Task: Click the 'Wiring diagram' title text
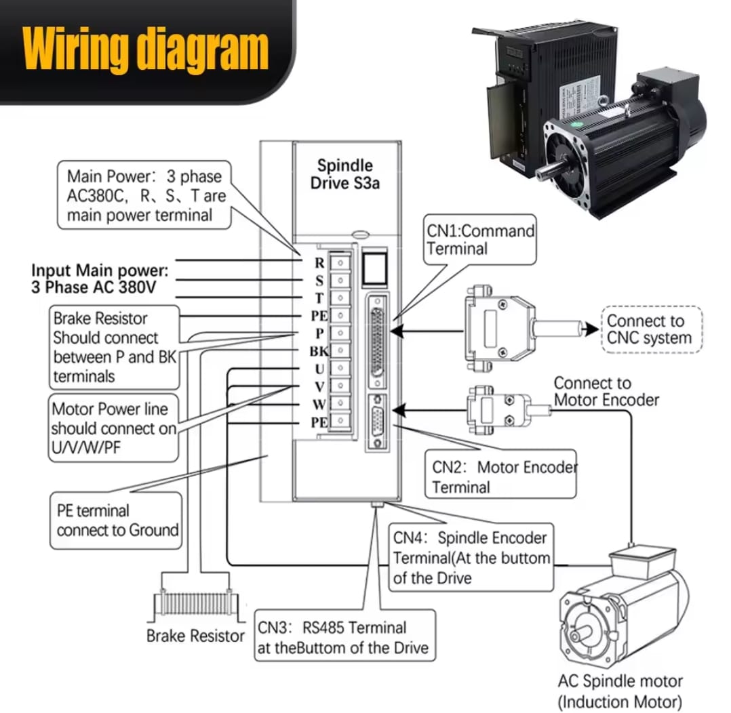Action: (x=145, y=48)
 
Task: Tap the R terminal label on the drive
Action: (x=319, y=262)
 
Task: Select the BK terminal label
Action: (x=319, y=351)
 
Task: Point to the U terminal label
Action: (x=319, y=369)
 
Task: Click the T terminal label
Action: (x=319, y=298)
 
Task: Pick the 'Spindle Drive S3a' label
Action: (x=345, y=174)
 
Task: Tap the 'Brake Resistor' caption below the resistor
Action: (x=195, y=636)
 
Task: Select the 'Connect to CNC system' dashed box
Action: (x=651, y=330)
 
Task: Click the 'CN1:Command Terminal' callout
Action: (x=480, y=239)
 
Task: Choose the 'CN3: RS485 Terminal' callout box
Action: (x=344, y=637)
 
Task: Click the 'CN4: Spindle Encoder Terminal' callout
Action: (x=471, y=558)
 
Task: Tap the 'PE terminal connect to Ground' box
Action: (x=117, y=521)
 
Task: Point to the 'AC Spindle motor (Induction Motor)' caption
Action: (x=620, y=691)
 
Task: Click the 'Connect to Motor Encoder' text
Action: (x=606, y=392)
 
